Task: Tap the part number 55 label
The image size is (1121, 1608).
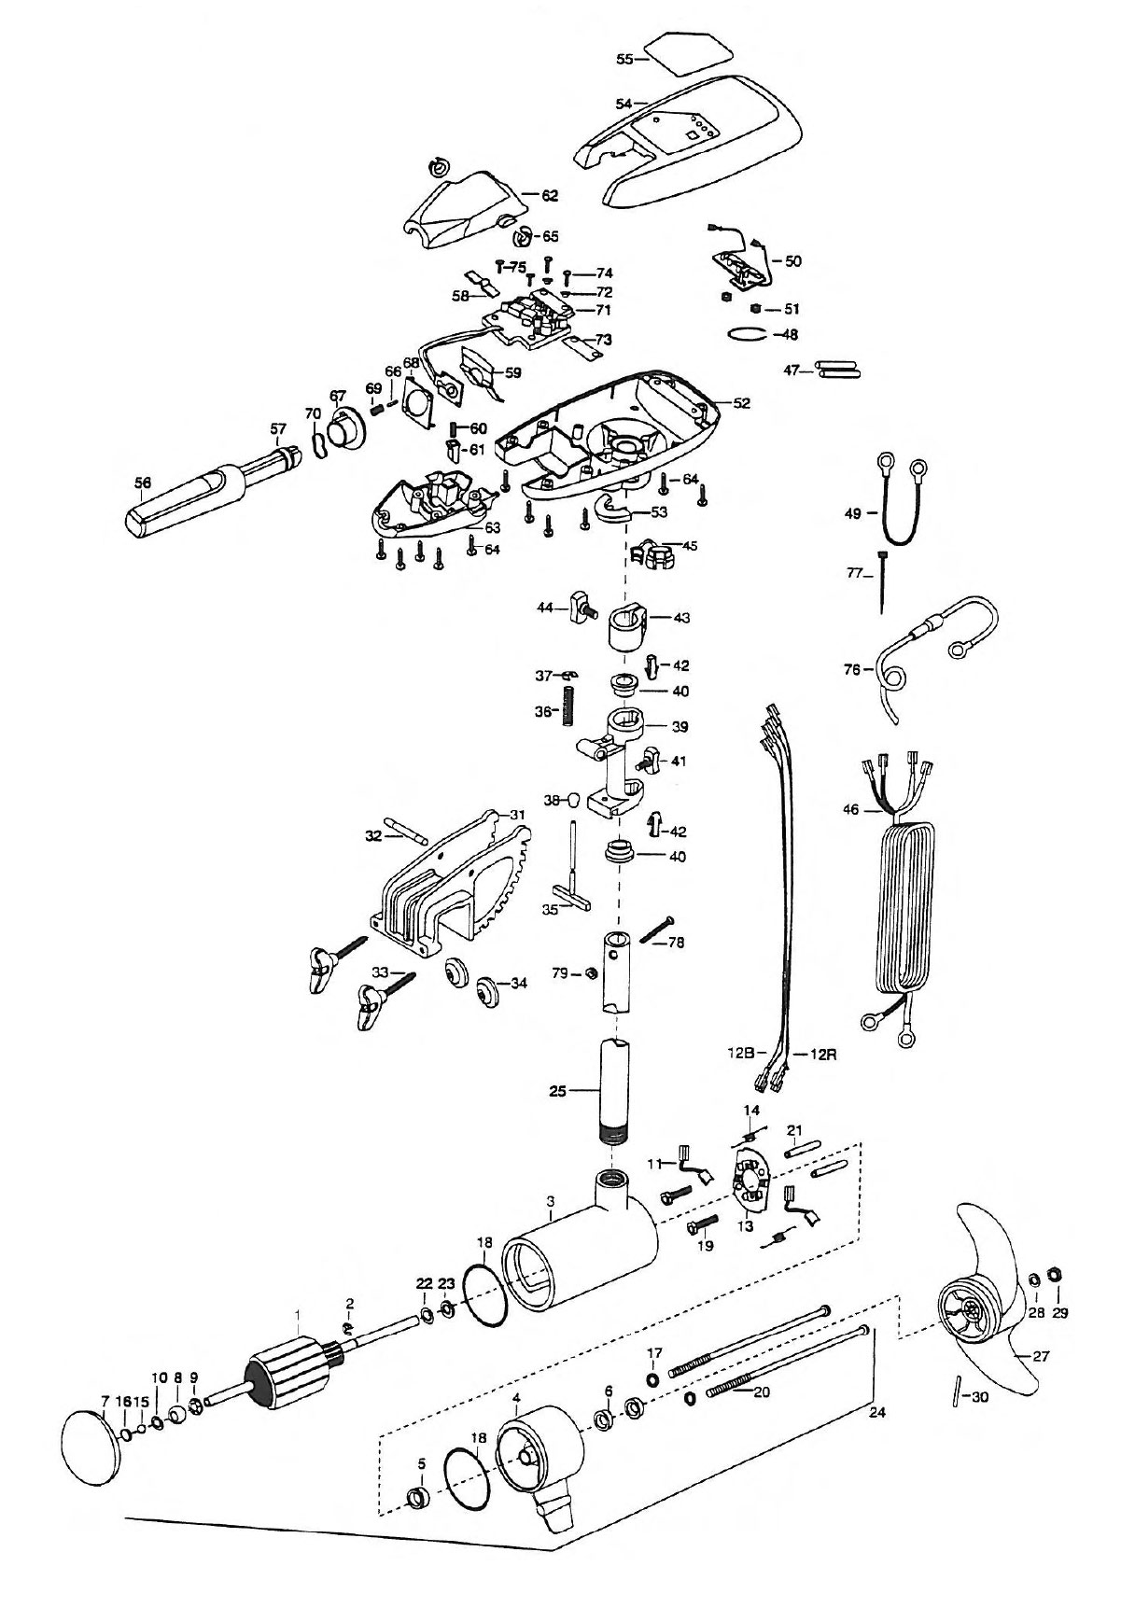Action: coord(625,58)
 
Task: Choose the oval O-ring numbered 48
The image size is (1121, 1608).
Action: coord(750,333)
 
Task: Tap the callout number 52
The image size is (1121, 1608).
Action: coord(742,403)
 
